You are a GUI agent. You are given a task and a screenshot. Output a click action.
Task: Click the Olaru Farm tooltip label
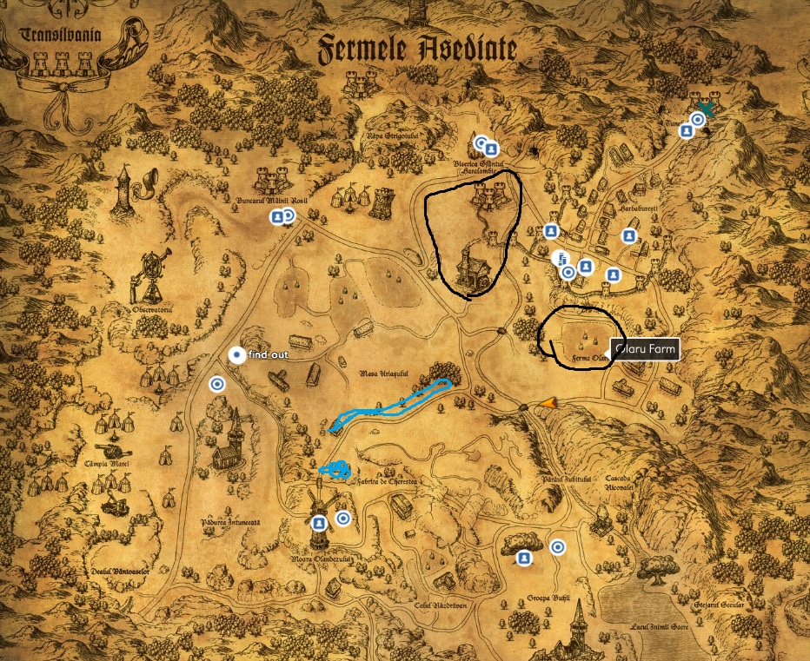click(x=644, y=350)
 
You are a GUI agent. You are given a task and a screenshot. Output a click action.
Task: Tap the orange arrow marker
click(x=548, y=401)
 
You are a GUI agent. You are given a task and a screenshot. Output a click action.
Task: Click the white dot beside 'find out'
click(x=236, y=354)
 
